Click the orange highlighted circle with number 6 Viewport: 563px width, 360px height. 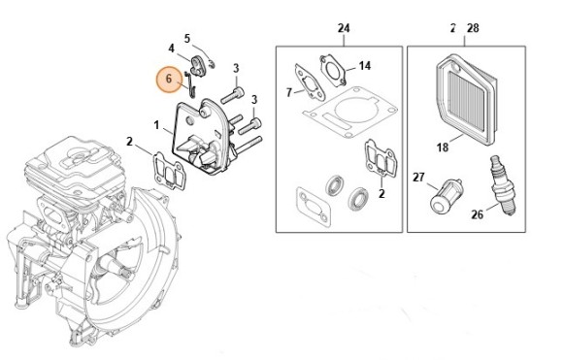coord(169,80)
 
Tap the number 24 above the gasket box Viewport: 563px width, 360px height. coord(344,28)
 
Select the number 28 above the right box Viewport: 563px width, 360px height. coord(473,28)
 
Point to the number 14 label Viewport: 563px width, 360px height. coord(364,66)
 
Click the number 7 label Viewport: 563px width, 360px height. coord(289,92)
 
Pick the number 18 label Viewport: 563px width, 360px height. coord(443,147)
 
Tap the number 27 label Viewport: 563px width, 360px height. coord(418,178)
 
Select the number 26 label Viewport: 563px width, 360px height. coord(478,214)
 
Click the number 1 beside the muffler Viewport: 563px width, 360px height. coord(156,125)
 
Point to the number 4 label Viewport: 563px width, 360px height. coord(171,49)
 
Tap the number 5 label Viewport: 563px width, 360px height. coord(187,39)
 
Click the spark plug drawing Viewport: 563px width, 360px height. coord(504,185)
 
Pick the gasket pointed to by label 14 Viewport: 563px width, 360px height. coord(333,70)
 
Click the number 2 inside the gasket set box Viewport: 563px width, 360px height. coord(381,193)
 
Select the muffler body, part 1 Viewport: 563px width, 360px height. coord(204,138)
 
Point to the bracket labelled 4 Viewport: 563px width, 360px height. coord(198,66)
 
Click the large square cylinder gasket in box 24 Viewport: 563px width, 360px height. coord(350,112)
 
